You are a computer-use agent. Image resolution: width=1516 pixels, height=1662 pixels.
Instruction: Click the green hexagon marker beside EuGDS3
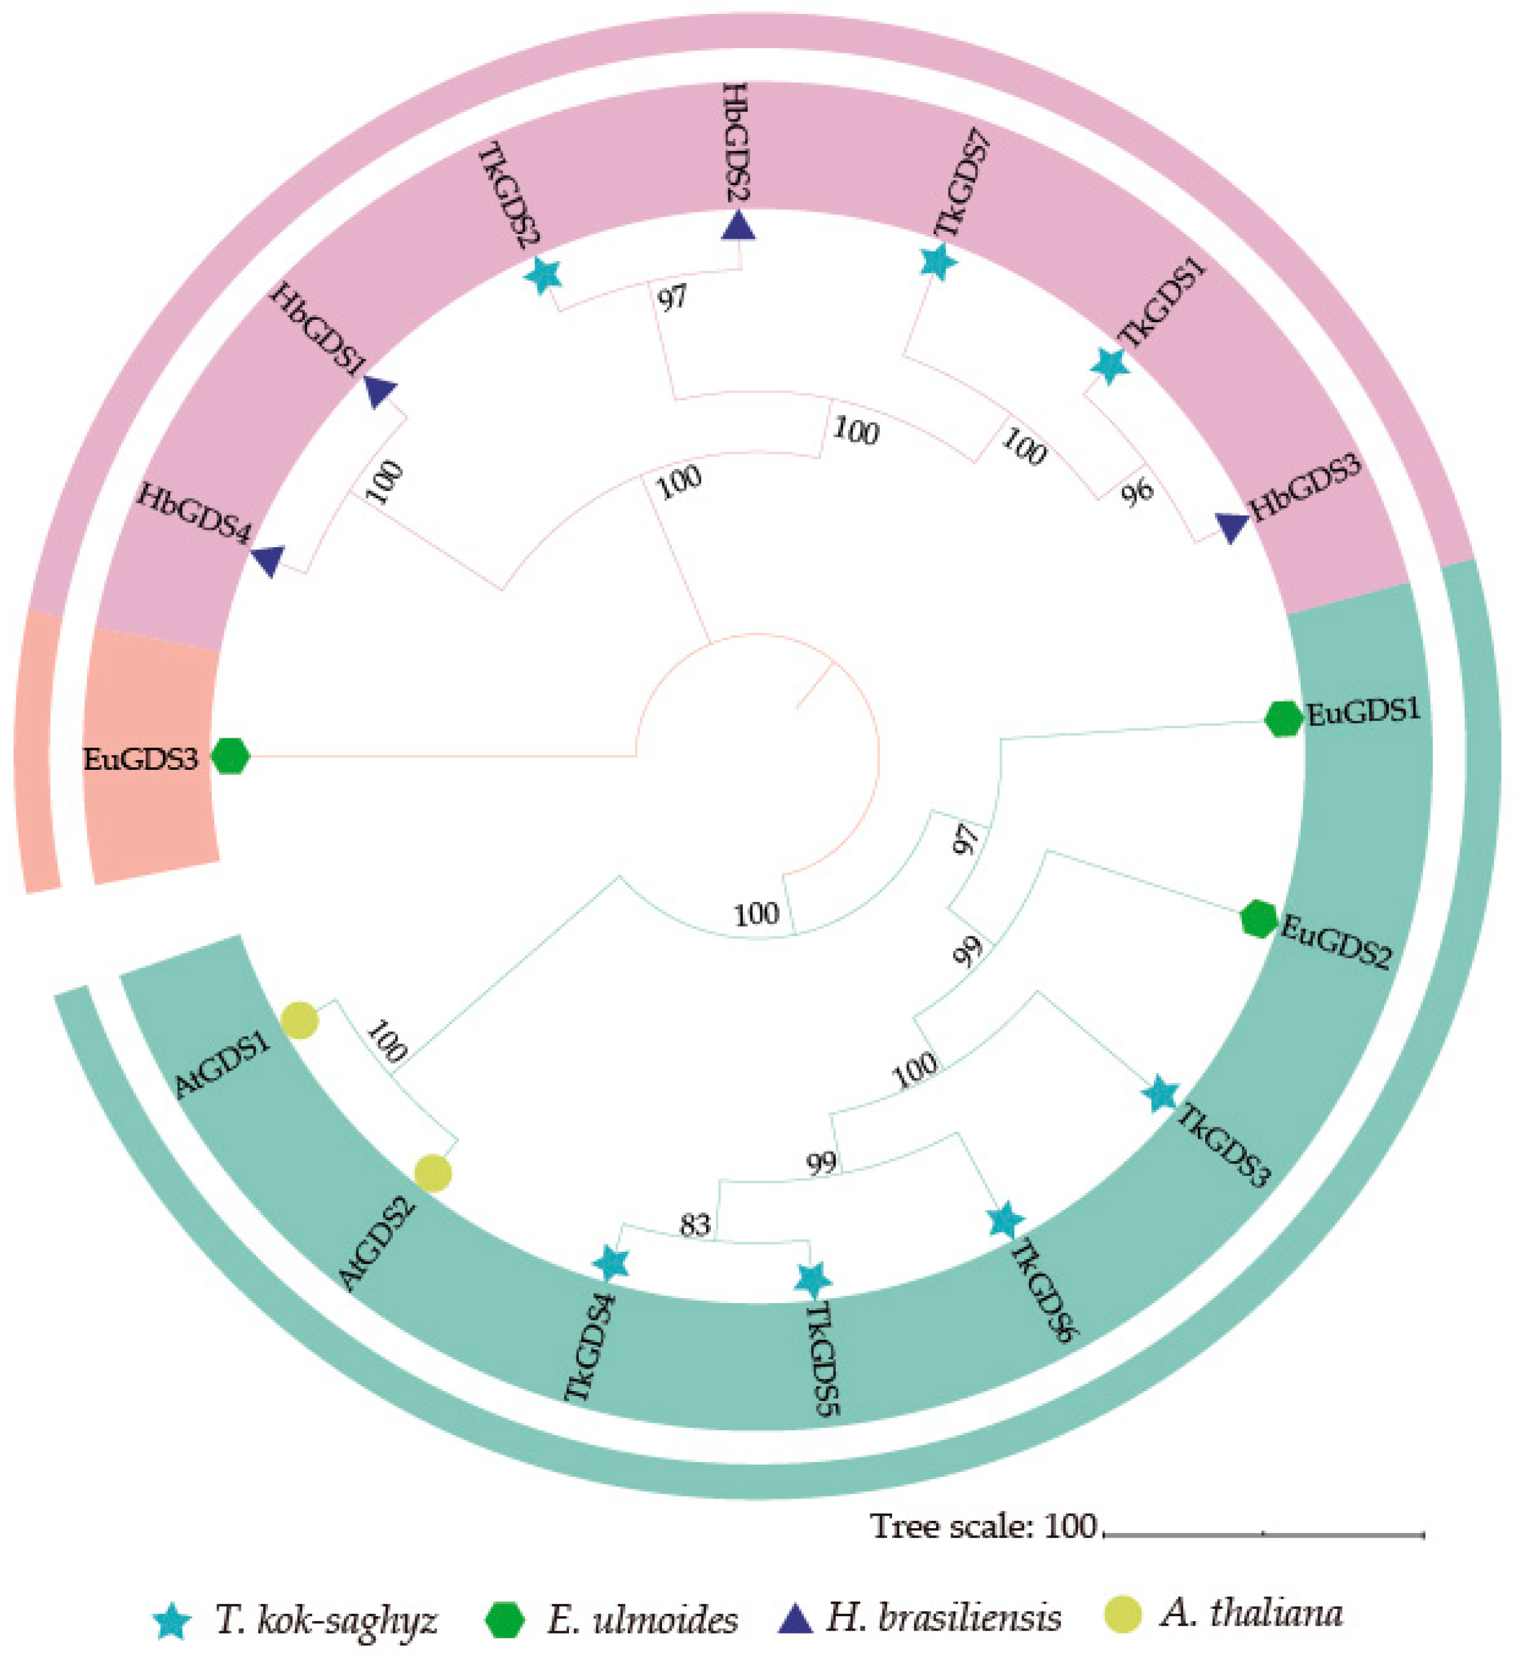point(230,756)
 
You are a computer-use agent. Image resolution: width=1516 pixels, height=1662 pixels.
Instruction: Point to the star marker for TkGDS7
point(938,262)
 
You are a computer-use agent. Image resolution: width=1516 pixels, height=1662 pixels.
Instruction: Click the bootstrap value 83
point(695,1225)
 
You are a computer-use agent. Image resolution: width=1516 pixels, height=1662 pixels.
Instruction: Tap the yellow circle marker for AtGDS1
point(299,1021)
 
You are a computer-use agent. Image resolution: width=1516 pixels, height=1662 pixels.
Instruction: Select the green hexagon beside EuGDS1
point(1282,719)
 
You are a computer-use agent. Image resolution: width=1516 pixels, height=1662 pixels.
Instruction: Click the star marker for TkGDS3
point(1161,1094)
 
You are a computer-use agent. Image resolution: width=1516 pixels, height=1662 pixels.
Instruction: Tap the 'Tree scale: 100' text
point(983,1527)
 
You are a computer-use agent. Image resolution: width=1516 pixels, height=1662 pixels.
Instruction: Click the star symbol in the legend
point(173,1621)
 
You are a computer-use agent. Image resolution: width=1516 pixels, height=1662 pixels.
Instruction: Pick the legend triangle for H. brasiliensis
point(796,1619)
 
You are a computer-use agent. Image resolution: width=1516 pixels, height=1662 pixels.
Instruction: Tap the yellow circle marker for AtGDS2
point(433,1172)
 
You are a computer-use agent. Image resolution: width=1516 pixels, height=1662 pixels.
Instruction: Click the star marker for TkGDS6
point(1005,1220)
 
